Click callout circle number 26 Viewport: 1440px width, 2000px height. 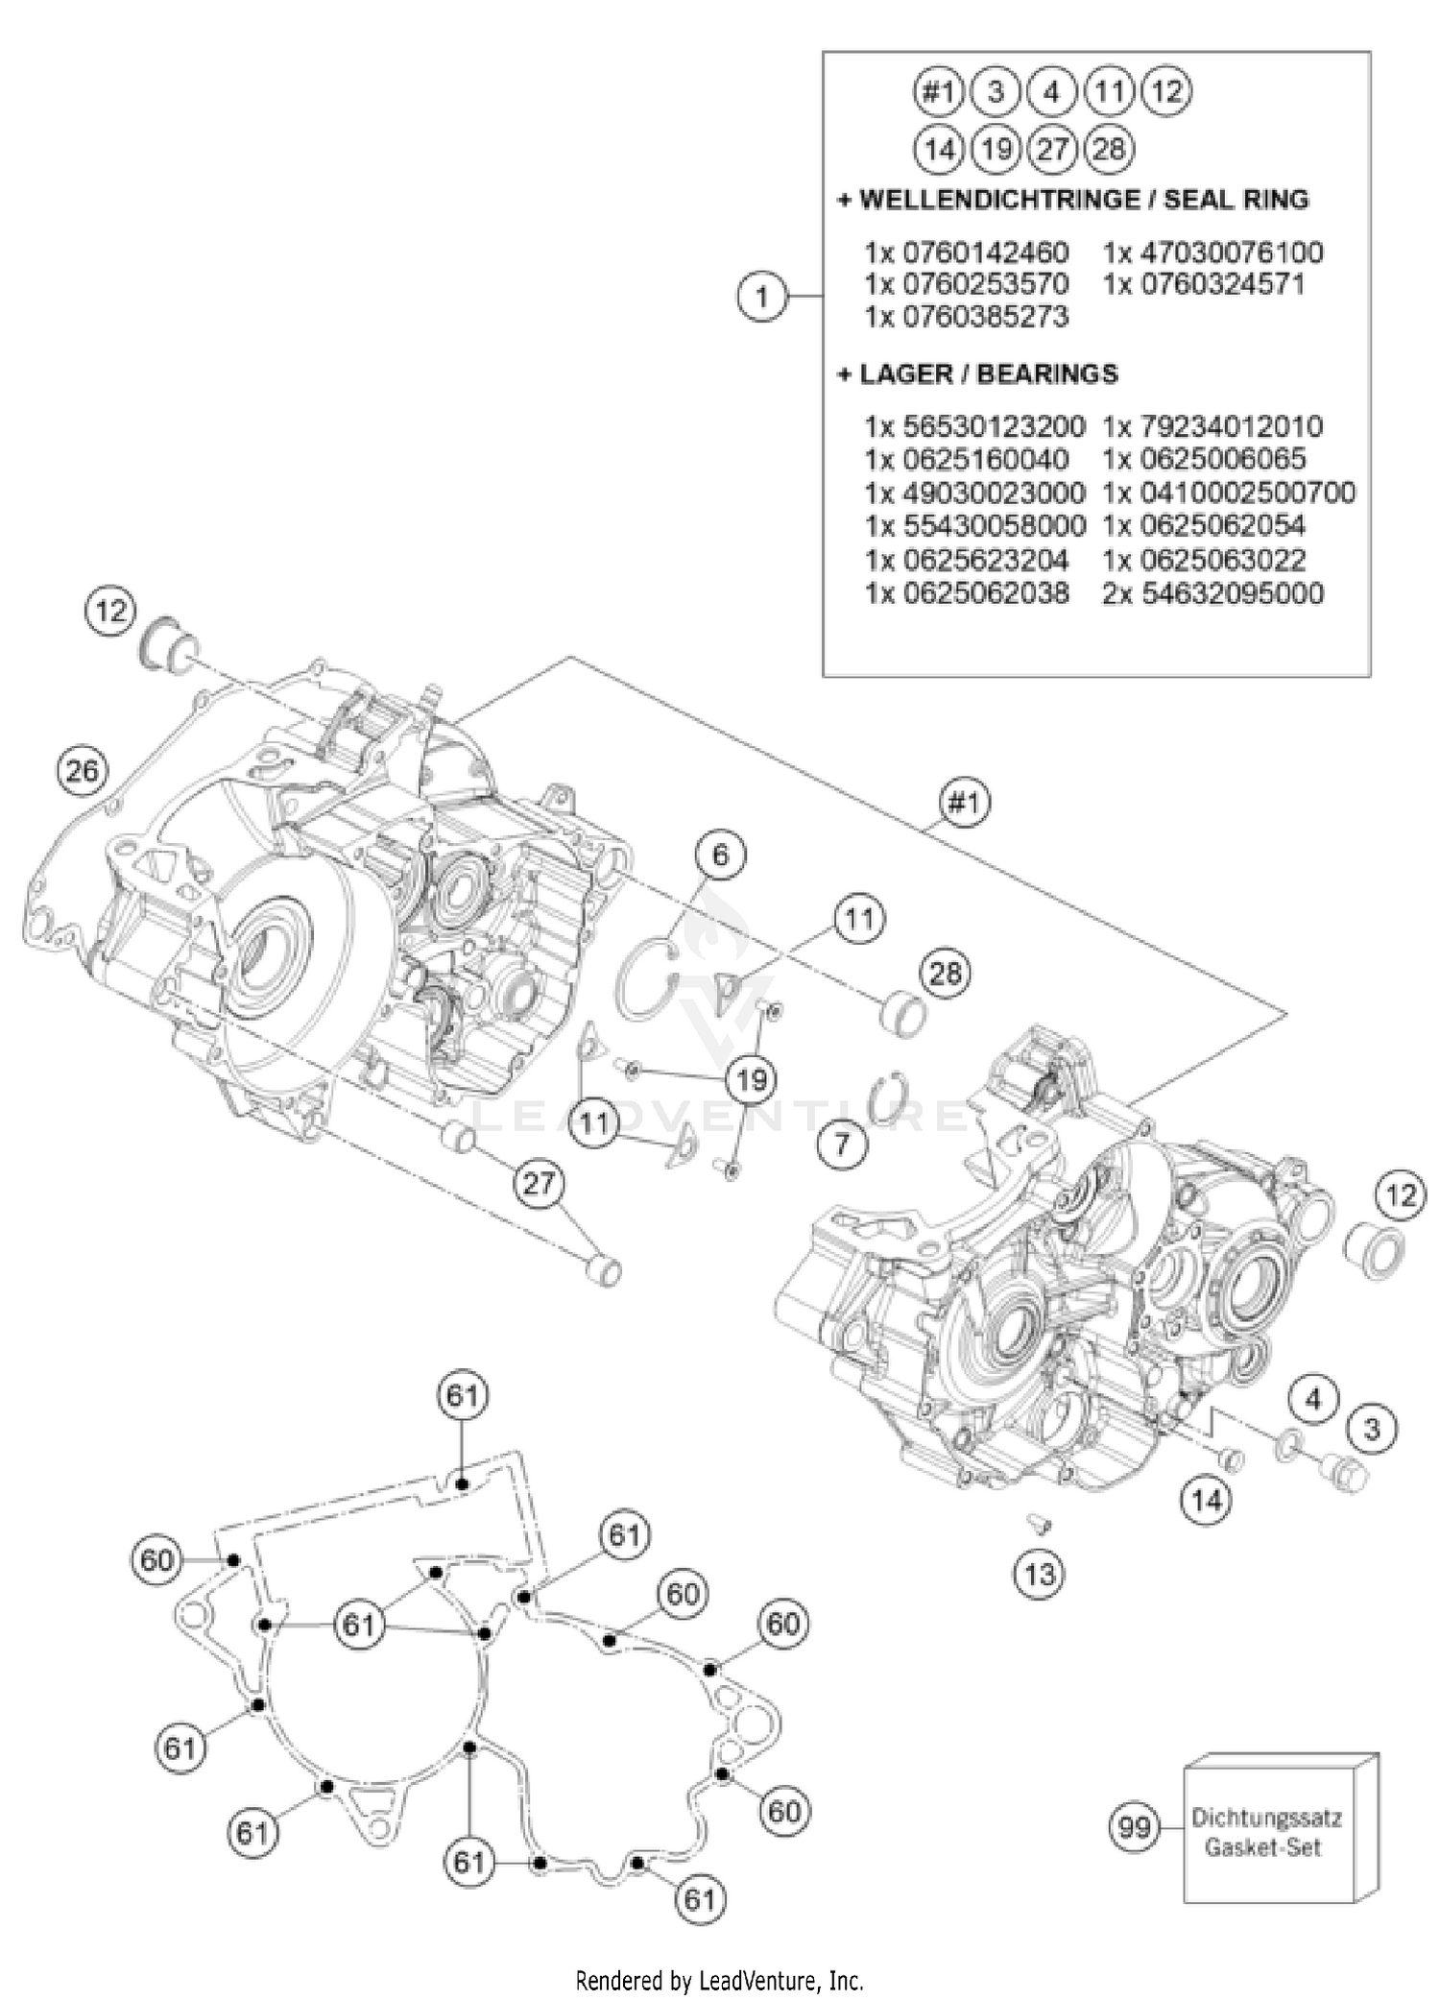[x=82, y=770]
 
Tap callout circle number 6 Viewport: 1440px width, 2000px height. [x=721, y=854]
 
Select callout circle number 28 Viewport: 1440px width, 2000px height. [x=946, y=974]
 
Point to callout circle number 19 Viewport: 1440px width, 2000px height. [x=752, y=1080]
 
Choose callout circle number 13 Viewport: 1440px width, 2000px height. [x=1040, y=1574]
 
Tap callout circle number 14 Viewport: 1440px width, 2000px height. [x=1206, y=1500]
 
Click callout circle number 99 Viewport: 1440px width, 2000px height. [x=1135, y=1826]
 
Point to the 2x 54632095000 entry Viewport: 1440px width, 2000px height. [x=1212, y=593]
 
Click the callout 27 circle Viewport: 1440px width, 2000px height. [x=539, y=1183]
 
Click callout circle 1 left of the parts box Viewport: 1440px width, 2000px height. [x=762, y=297]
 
